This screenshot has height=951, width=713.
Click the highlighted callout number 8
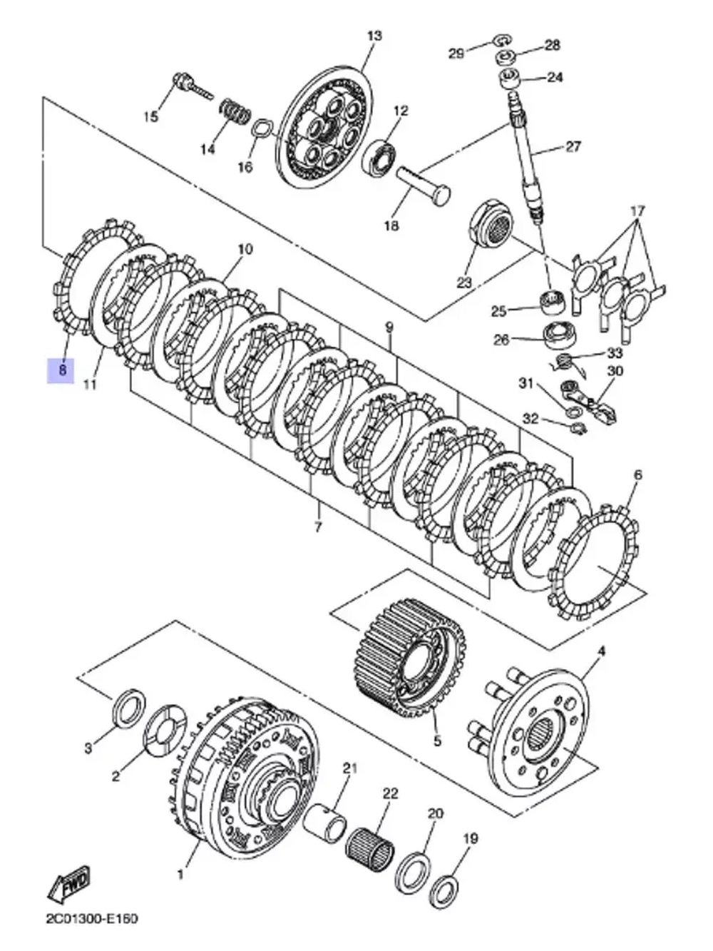61,370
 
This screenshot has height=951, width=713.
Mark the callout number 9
389,327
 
